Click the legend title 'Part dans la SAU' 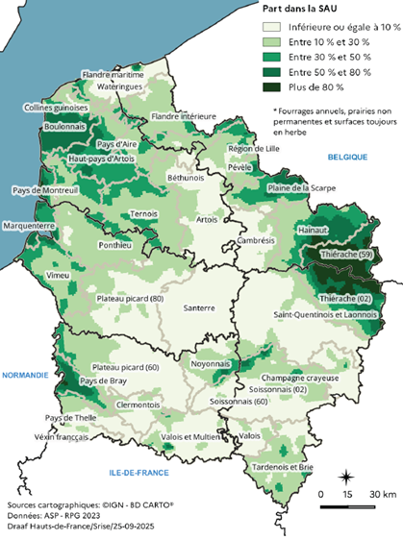point(305,8)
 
